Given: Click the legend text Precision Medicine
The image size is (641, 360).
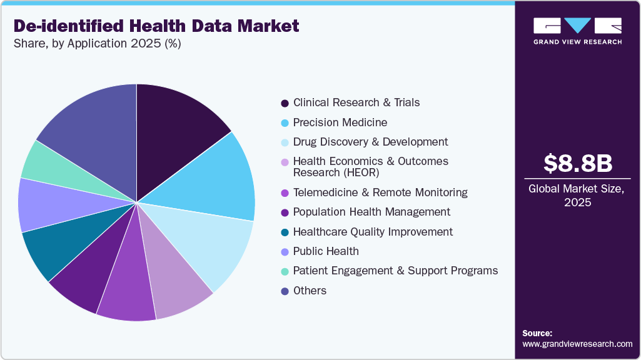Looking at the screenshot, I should coord(340,122).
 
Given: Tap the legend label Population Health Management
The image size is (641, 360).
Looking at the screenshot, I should coord(371,212).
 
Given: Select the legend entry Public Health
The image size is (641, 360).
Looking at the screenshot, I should coord(326,251).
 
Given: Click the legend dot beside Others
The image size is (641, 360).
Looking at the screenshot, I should coord(285,291).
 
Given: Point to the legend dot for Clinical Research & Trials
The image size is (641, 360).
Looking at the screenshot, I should coord(285,102).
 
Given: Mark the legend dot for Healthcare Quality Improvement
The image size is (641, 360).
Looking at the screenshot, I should coord(285,232).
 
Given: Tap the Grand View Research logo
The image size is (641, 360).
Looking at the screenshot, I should coord(578,31).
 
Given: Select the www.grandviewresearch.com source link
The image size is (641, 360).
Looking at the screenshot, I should coord(577,344).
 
